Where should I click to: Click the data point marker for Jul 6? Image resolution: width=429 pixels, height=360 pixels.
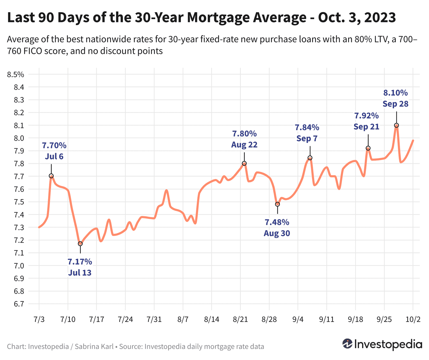(51, 176)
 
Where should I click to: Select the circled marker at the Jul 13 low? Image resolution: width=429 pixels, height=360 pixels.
(80, 244)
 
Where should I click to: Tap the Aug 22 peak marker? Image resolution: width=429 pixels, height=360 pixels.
(244, 163)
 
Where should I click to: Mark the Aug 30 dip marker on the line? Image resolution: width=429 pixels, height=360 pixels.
(277, 204)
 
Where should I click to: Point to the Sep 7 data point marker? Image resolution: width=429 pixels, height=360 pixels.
(310, 158)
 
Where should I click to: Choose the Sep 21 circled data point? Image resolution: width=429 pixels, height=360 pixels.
(368, 148)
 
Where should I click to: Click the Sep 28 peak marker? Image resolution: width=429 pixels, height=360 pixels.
(396, 125)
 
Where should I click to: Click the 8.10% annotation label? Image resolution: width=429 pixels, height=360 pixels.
(396, 93)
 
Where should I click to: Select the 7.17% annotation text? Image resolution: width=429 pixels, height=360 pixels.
(80, 262)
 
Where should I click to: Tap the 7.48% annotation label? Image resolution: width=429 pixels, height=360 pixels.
(277, 222)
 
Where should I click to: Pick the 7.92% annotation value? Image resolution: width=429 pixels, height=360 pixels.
(366, 116)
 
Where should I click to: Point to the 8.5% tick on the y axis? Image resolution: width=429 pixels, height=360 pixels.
(15, 75)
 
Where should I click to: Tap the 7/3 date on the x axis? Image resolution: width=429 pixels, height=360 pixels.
(39, 320)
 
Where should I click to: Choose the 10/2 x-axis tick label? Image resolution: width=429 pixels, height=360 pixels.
(413, 320)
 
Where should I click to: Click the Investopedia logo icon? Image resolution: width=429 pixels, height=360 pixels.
(347, 344)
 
